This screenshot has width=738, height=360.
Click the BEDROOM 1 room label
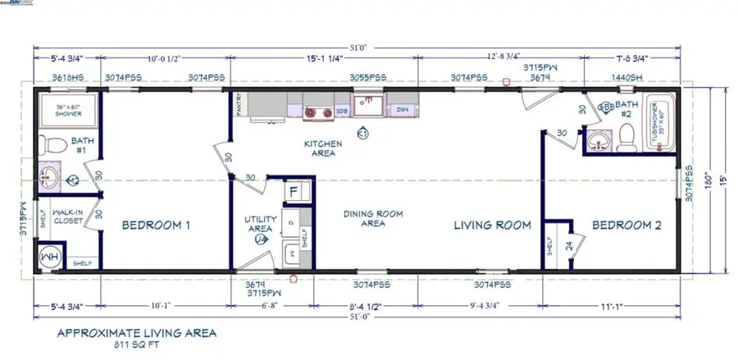[156, 225]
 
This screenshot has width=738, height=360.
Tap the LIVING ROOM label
[492, 225]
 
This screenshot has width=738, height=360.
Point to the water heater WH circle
[49, 257]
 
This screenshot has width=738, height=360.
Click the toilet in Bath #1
[52, 145]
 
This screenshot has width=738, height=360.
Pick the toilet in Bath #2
[627, 133]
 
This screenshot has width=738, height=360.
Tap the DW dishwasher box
[403, 108]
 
